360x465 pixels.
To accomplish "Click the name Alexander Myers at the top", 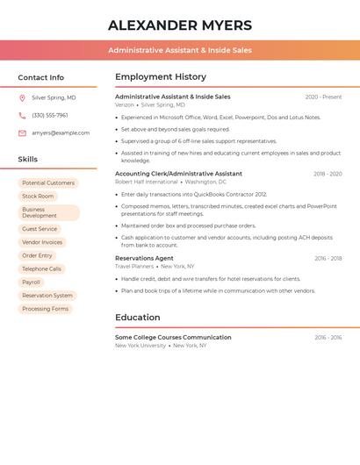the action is point(180,25).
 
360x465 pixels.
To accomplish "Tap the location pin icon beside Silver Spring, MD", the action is point(22,97).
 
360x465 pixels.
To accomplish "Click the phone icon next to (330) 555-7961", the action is point(22,115).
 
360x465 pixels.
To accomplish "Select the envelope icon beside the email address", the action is point(22,133).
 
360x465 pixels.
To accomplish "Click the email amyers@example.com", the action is point(61,133).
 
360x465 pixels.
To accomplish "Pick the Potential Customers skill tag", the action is point(48,183).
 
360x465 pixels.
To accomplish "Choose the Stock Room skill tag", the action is point(38,197).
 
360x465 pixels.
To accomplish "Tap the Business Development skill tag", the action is point(48,213).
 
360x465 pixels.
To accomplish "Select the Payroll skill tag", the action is point(31,283).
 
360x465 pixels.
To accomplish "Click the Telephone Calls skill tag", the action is point(41,268).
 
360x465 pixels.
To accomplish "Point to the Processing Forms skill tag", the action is point(45,309).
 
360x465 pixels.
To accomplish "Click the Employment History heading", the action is point(161,77).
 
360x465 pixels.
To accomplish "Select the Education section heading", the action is point(138,318).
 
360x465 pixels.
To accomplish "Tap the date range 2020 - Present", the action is point(323,97).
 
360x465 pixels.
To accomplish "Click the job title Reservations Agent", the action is point(144,259).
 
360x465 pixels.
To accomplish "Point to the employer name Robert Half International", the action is point(146,182).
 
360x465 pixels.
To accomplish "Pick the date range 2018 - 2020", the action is point(328,175).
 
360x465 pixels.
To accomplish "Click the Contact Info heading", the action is point(40,77).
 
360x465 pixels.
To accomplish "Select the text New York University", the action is point(140,346).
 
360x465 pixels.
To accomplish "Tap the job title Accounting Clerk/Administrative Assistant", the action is point(178,174).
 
